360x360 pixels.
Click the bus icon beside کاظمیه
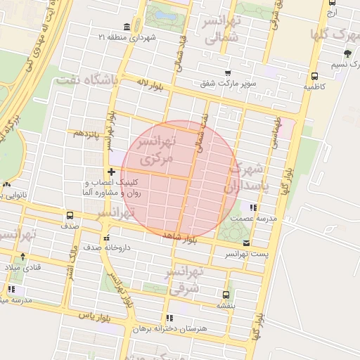click(x=314, y=77)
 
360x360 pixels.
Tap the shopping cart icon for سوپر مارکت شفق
click(x=227, y=72)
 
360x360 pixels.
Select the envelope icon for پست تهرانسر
click(x=245, y=243)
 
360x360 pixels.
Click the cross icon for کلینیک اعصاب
click(x=111, y=172)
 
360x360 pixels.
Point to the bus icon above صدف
click(x=69, y=216)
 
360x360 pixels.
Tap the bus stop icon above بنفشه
click(x=225, y=295)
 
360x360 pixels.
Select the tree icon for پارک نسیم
click(x=347, y=54)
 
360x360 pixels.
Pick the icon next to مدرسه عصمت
click(x=253, y=208)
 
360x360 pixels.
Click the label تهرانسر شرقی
click(x=184, y=279)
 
